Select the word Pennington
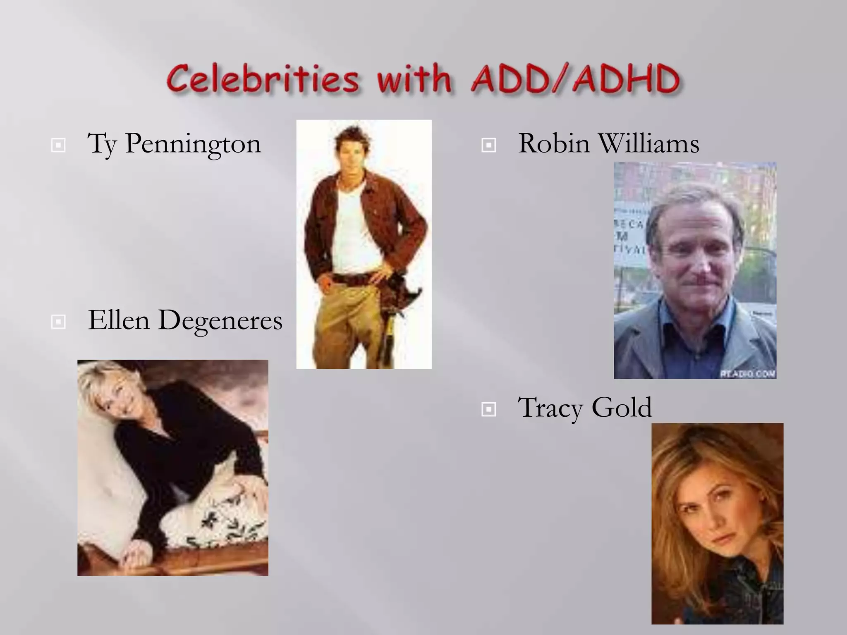click(x=193, y=144)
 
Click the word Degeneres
click(x=220, y=320)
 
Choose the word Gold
click(x=621, y=408)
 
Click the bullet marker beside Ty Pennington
click(x=58, y=145)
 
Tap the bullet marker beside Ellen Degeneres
click(x=58, y=322)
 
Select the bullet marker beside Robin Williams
click(x=488, y=145)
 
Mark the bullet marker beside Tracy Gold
click(x=488, y=409)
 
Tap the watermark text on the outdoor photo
click(x=748, y=374)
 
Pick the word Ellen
click(x=119, y=320)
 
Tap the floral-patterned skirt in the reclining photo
click(x=223, y=521)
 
